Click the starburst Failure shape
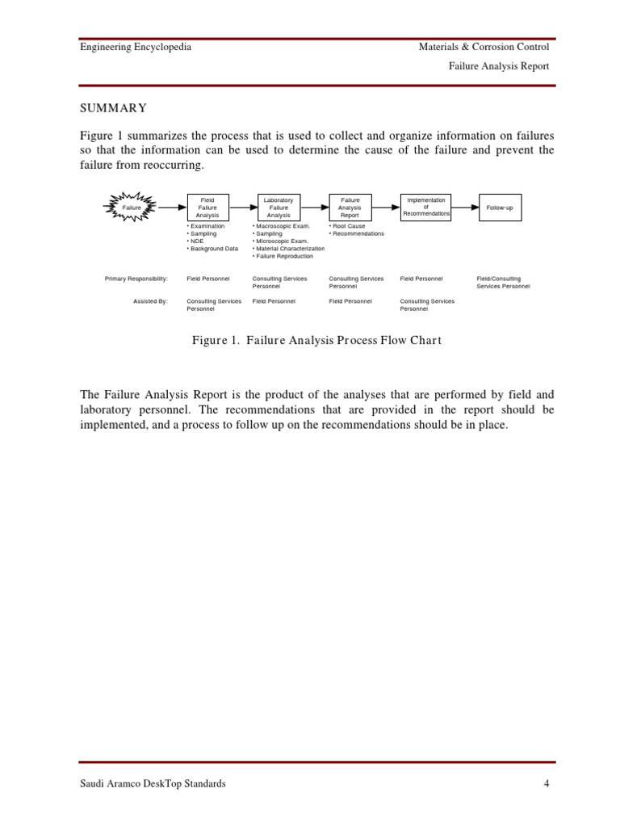[x=131, y=207]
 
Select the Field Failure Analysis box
[x=207, y=207]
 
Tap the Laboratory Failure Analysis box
[x=279, y=207]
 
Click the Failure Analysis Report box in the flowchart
[x=350, y=207]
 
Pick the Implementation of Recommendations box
[x=426, y=207]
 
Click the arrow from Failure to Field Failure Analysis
[x=172, y=207]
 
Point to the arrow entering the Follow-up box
[x=465, y=207]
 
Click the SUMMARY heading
[x=113, y=108]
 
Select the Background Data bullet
[x=212, y=249]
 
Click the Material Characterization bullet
[x=288, y=249]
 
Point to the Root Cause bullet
[x=347, y=226]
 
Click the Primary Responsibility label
[x=136, y=279]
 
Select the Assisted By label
[x=150, y=301]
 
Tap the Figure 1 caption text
[x=316, y=340]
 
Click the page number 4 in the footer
[x=547, y=783]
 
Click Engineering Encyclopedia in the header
[x=136, y=47]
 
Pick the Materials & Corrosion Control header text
[x=484, y=47]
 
